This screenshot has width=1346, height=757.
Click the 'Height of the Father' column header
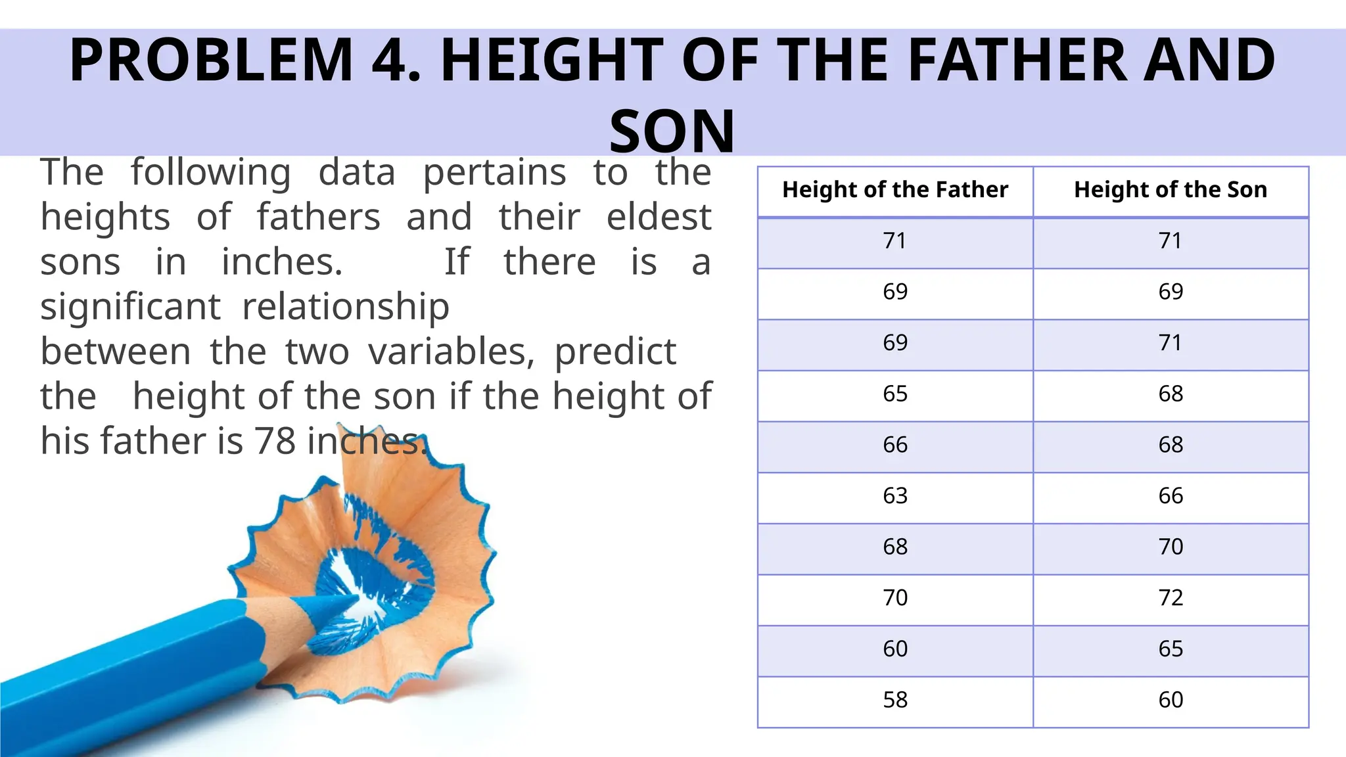[894, 190]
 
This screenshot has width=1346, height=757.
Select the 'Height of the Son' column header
[1170, 190]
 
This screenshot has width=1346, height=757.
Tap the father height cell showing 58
[894, 700]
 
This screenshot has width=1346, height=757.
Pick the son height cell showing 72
[1170, 598]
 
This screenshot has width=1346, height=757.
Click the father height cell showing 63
[894, 496]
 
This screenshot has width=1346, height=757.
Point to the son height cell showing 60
[1170, 700]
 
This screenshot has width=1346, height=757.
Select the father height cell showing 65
[894, 394]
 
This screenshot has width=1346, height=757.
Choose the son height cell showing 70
[1170, 547]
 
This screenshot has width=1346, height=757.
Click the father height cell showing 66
[894, 445]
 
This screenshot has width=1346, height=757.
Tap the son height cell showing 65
[1170, 649]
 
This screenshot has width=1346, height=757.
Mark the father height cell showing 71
[894, 241]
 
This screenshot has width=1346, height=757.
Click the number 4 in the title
[391, 60]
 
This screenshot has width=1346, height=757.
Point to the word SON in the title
[672, 131]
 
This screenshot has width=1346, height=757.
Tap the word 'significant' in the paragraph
[130, 307]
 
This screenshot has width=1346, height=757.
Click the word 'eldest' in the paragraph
[659, 217]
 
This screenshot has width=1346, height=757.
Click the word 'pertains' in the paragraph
[494, 173]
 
